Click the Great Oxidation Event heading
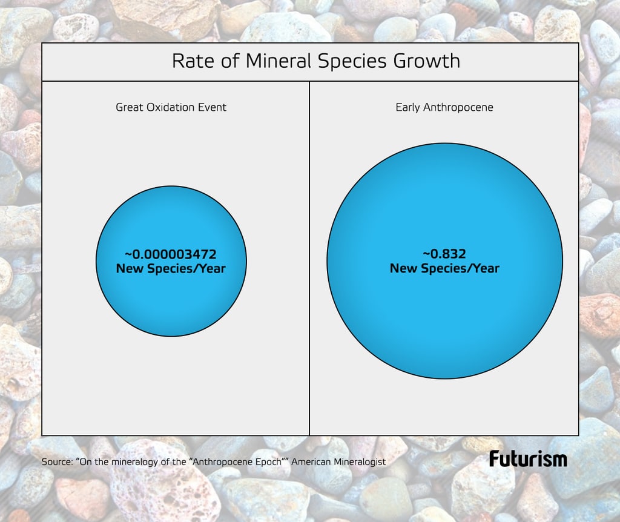click(171, 107)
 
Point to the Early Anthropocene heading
click(444, 107)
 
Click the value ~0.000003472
click(171, 254)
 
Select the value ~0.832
click(444, 254)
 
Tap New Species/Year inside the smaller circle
click(171, 268)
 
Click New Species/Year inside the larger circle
click(444, 268)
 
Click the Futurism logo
click(528, 458)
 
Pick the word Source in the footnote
click(56, 461)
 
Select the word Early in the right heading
click(408, 107)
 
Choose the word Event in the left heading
click(213, 107)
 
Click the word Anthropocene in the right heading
click(458, 107)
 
